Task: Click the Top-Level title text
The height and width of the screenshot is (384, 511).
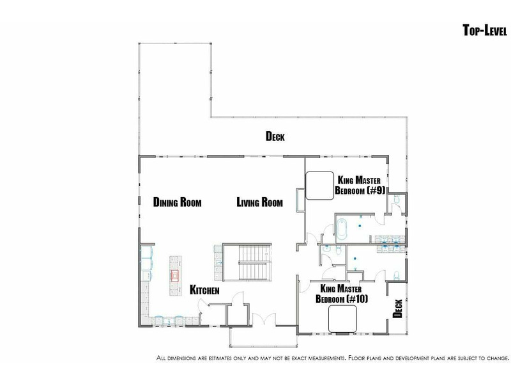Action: click(x=485, y=30)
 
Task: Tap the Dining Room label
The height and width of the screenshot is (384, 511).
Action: click(x=178, y=202)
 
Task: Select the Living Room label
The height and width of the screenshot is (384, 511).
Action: click(x=260, y=202)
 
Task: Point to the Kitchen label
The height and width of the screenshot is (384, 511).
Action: click(x=204, y=290)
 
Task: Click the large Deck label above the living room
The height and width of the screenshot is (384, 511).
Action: click(x=275, y=136)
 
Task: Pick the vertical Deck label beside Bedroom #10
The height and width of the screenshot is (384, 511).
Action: click(x=397, y=308)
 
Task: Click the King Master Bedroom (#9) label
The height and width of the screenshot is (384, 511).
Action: click(x=360, y=185)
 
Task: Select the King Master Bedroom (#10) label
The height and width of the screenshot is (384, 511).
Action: click(x=342, y=294)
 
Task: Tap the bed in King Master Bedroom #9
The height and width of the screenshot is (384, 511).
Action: click(x=320, y=186)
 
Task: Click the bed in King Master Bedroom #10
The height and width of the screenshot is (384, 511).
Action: click(x=342, y=319)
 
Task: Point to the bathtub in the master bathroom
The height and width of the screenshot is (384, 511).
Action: click(x=341, y=229)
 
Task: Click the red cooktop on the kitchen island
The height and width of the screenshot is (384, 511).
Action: click(x=175, y=276)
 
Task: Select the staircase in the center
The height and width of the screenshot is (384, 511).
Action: click(x=247, y=262)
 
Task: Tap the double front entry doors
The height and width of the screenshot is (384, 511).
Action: click(x=264, y=319)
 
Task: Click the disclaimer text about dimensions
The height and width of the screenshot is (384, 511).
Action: click(x=333, y=358)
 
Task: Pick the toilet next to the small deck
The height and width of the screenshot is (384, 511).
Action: click(x=396, y=276)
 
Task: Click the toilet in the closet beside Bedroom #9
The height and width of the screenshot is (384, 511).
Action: click(x=397, y=199)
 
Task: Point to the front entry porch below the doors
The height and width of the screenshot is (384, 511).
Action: click(x=263, y=337)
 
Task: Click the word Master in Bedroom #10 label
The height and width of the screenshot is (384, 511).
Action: click(x=349, y=289)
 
